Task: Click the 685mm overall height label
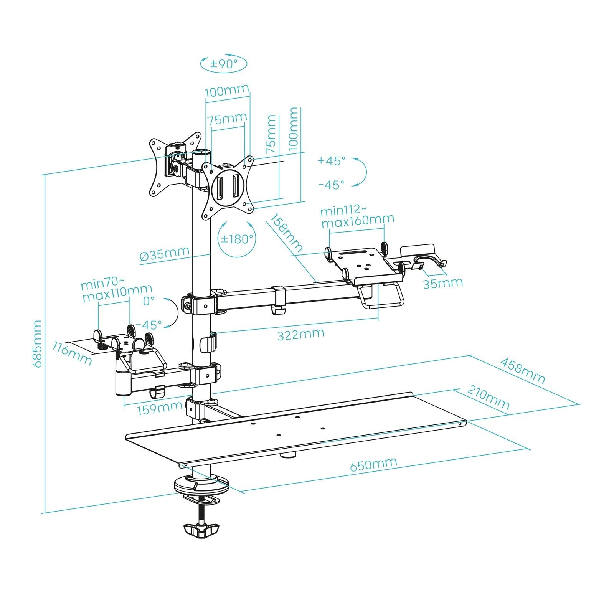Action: pyautogui.click(x=38, y=343)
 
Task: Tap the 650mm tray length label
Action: pyautogui.click(x=373, y=464)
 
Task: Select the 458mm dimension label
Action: pyautogui.click(x=522, y=371)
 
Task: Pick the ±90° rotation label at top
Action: pyautogui.click(x=224, y=64)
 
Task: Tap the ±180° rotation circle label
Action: pyautogui.click(x=237, y=239)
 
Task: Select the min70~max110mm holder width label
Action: pyautogui.click(x=117, y=291)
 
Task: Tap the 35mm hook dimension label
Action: pyautogui.click(x=443, y=283)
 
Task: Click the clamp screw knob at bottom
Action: pyautogui.click(x=201, y=530)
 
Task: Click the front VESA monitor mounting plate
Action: pyautogui.click(x=228, y=188)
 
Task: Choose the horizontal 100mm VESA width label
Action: pyautogui.click(x=226, y=92)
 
